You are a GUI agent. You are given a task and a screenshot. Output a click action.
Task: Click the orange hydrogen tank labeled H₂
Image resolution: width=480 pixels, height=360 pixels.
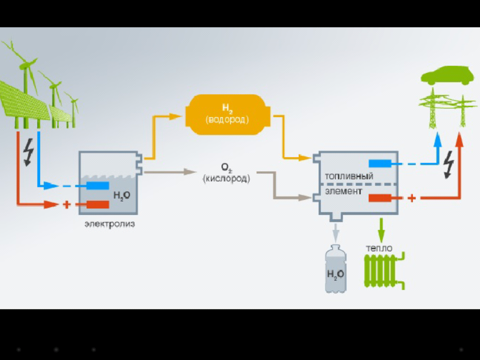click(x=227, y=114)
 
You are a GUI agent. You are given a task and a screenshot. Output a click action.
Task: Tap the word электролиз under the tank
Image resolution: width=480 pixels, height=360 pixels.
click(x=110, y=224)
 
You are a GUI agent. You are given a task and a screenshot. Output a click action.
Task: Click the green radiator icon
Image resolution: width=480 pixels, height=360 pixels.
click(x=382, y=270)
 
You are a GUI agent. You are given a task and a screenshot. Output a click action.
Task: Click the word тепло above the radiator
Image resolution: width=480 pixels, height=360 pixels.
click(x=379, y=248)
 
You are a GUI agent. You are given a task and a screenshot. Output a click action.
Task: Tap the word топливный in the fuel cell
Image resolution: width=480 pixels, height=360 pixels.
click(x=349, y=176)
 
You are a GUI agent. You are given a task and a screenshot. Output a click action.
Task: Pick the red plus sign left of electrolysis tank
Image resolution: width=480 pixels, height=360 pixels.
click(x=67, y=204)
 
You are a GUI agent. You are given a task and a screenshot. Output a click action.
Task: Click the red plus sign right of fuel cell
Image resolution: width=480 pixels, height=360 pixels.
click(x=412, y=198)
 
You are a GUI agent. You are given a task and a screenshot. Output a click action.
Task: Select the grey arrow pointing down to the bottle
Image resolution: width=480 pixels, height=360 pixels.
click(x=335, y=232)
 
